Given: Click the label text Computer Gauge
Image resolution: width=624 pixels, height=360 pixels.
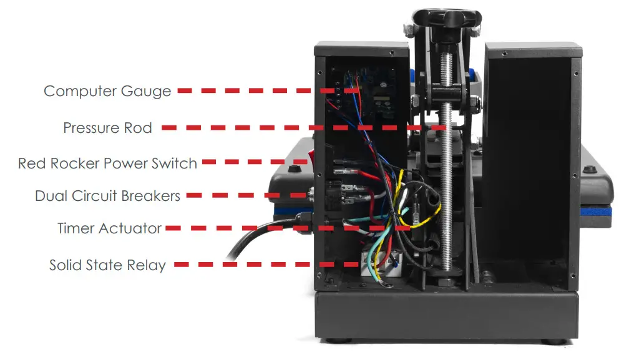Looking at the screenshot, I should pyautogui.click(x=107, y=91).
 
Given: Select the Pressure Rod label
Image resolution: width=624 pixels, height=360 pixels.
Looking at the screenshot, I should pyautogui.click(x=107, y=128).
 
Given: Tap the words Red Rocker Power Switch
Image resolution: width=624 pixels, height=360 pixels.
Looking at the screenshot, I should pyautogui.click(x=107, y=163).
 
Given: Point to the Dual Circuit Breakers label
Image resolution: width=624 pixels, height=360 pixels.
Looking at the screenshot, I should pyautogui.click(x=107, y=196).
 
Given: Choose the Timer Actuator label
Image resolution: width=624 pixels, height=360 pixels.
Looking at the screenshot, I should pyautogui.click(x=109, y=228).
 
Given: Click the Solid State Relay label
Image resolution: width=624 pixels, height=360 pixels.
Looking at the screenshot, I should pyautogui.click(x=107, y=265).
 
